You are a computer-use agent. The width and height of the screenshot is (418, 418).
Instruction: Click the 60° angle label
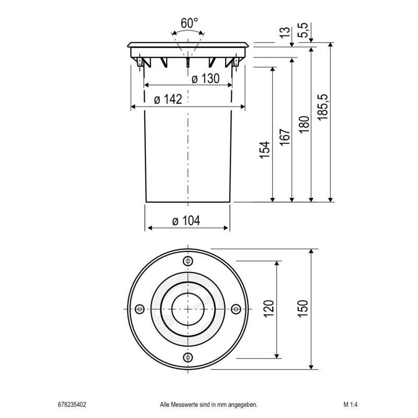[x=189, y=23]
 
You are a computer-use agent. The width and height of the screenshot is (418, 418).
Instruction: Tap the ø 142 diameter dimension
[x=168, y=100]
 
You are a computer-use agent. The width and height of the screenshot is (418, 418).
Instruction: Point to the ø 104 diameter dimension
[x=187, y=221]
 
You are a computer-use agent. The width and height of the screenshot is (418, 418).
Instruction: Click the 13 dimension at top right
[x=285, y=32]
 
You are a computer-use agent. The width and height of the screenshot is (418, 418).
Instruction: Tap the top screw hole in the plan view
[x=188, y=261]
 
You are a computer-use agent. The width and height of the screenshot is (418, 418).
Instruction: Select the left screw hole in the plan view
[x=140, y=309]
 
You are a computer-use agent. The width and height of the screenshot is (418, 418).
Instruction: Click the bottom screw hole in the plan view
[x=188, y=357]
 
